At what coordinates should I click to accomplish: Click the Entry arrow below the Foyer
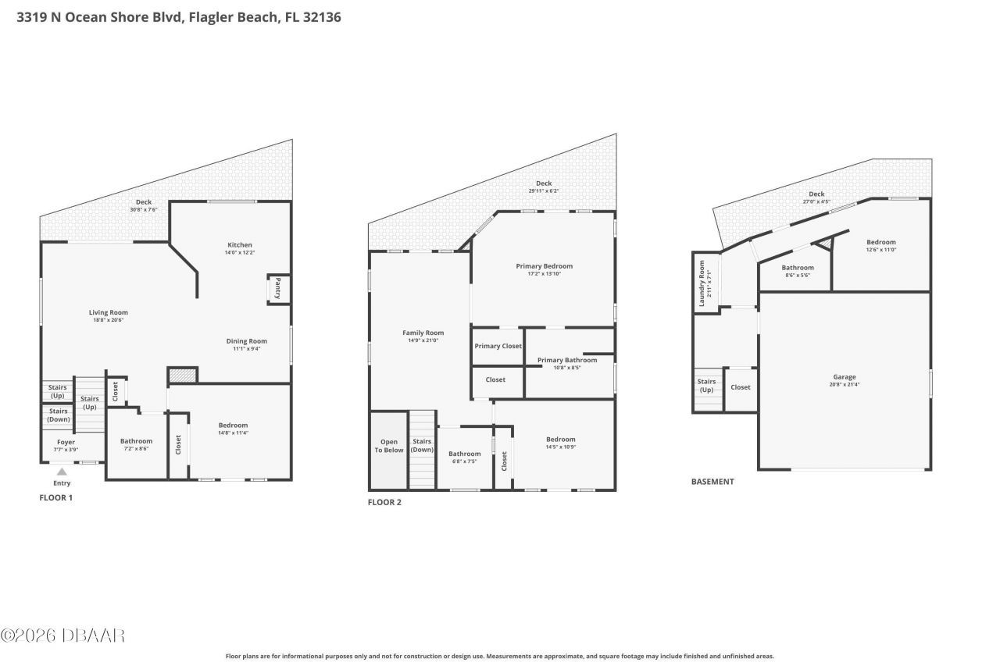[x=62, y=472]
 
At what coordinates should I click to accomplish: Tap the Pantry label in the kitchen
[x=278, y=289]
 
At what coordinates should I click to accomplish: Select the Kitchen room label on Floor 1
[x=239, y=245]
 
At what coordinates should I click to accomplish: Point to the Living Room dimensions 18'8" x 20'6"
[x=108, y=320]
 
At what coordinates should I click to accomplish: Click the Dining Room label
[x=246, y=341]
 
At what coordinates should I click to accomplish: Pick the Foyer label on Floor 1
[x=66, y=442]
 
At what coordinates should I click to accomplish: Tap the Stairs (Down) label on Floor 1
[x=58, y=415]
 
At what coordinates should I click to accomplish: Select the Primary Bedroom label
[x=544, y=266]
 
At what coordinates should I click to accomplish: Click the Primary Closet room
[x=498, y=346]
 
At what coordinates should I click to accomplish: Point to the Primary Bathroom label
[x=567, y=360]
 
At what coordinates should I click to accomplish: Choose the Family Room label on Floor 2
[x=423, y=333]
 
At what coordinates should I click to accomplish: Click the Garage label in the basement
[x=844, y=377]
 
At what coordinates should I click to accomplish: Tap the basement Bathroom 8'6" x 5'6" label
[x=797, y=268]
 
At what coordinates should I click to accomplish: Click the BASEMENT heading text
[x=712, y=482]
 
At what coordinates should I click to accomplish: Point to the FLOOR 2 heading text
[x=384, y=502]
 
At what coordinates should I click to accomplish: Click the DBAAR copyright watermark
[x=62, y=636]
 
